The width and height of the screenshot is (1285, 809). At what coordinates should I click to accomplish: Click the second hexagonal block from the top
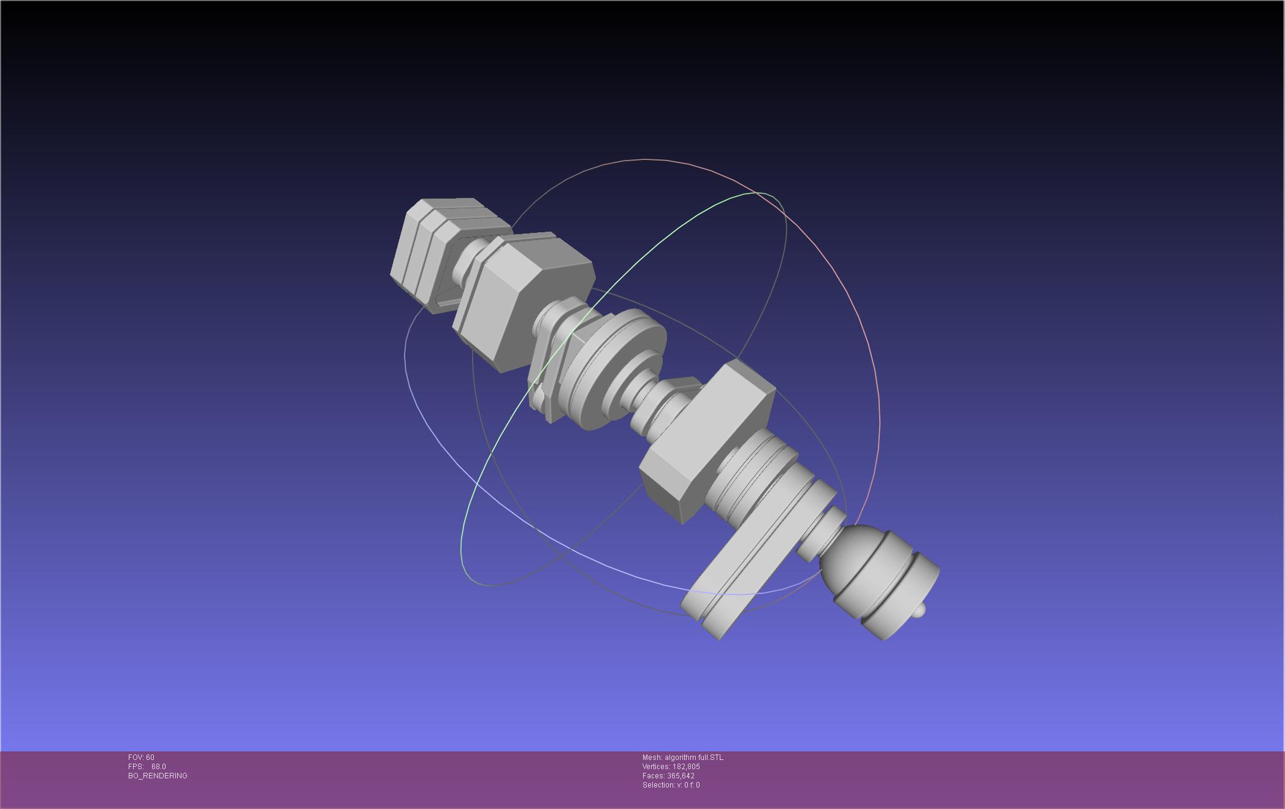point(521,300)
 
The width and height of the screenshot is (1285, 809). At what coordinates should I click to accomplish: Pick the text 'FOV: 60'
point(141,758)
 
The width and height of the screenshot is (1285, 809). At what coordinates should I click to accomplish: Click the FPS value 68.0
point(158,767)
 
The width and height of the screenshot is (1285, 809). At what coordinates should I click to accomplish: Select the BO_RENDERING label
point(158,776)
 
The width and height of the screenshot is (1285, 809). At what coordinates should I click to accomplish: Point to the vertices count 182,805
point(686,767)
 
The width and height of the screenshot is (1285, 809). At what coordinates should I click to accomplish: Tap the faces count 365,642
point(681,776)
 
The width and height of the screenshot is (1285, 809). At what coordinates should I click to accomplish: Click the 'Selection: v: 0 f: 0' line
point(671,785)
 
